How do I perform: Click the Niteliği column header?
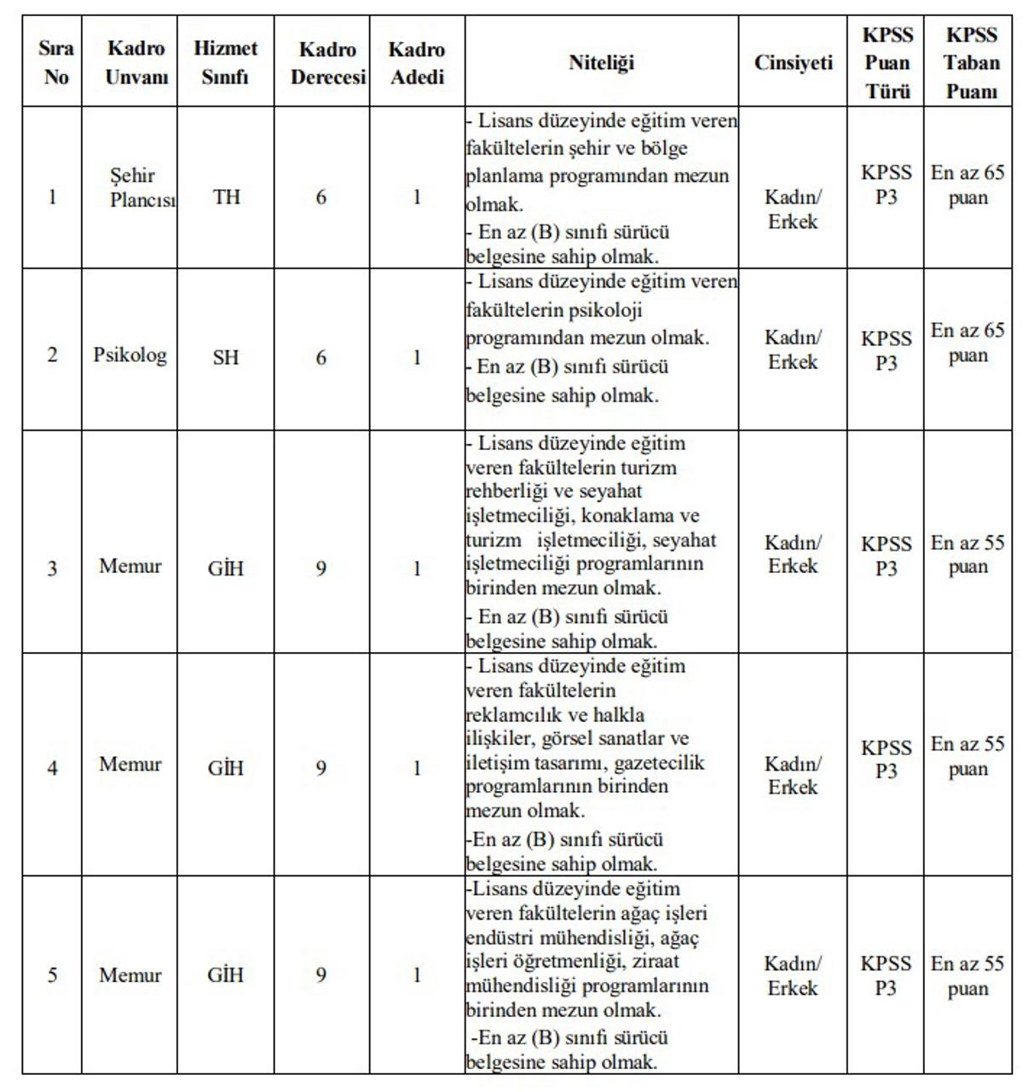tap(601, 63)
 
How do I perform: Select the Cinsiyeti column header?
tap(793, 63)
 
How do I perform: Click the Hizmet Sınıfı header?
tap(225, 63)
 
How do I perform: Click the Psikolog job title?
tap(130, 355)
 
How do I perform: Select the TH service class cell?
tap(226, 198)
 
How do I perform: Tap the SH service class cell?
tap(226, 357)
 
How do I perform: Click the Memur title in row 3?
tap(130, 566)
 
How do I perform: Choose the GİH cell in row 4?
tap(226, 769)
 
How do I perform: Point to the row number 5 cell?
tap(52, 974)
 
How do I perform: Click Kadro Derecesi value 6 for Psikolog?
tap(321, 357)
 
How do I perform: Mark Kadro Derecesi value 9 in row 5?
tap(321, 974)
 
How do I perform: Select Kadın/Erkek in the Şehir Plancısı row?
tap(793, 210)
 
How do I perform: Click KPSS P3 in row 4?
tap(886, 759)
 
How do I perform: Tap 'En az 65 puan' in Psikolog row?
tap(968, 343)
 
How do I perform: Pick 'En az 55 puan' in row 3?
tap(968, 555)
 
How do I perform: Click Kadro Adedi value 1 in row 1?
tap(417, 198)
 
